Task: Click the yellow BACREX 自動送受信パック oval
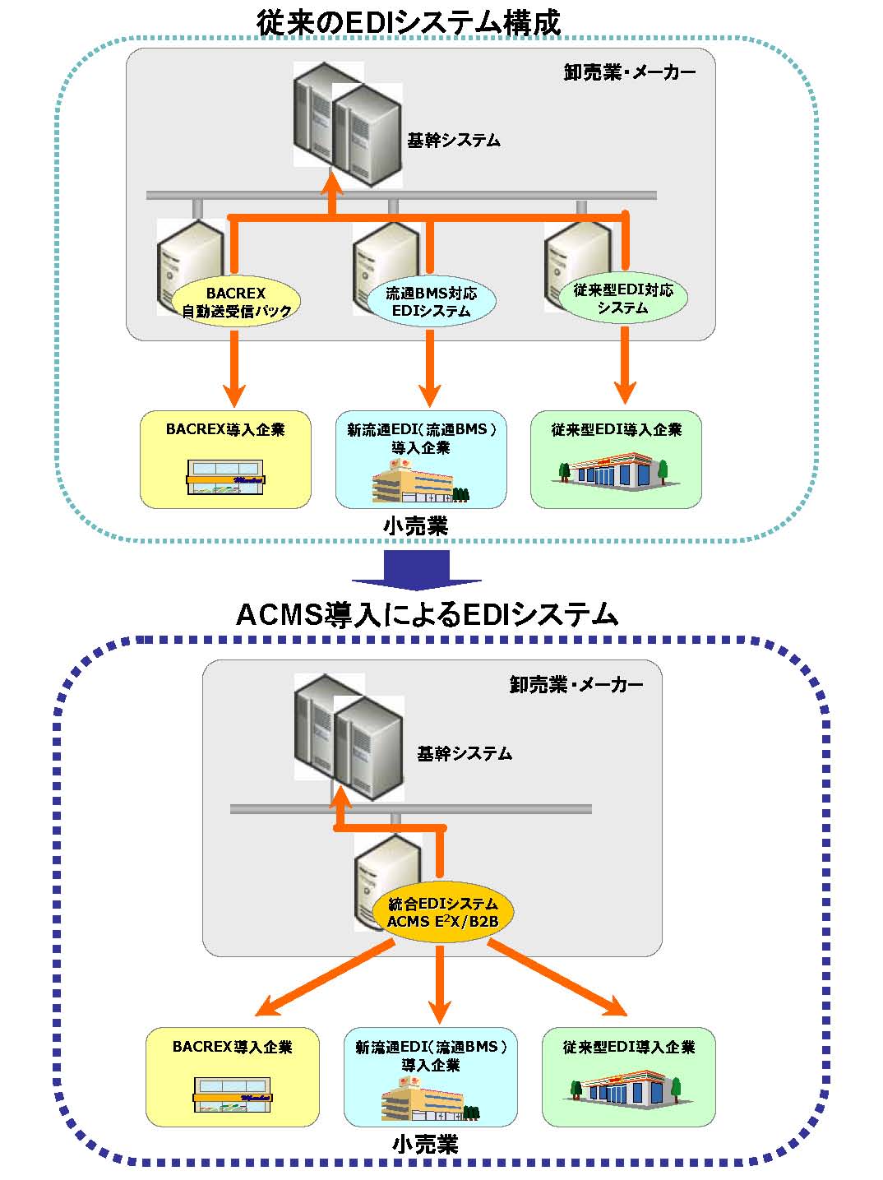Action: pyautogui.click(x=236, y=302)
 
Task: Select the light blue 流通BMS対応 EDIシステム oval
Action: pyautogui.click(x=430, y=302)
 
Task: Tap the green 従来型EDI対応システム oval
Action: pyautogui.click(x=623, y=298)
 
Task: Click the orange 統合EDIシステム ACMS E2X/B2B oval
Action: pyautogui.click(x=443, y=913)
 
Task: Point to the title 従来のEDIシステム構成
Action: pyautogui.click(x=408, y=22)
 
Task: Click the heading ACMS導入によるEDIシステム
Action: pyautogui.click(x=426, y=614)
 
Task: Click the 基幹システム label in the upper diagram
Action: pyautogui.click(x=453, y=141)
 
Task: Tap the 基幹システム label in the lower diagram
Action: pyautogui.click(x=464, y=753)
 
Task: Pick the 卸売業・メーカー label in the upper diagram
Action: pyautogui.click(x=630, y=72)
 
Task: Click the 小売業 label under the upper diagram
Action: pyautogui.click(x=415, y=526)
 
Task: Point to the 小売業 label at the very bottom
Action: pyautogui.click(x=425, y=1144)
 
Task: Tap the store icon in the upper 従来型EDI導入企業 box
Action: pyautogui.click(x=615, y=475)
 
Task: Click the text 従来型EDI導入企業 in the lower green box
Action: pyautogui.click(x=629, y=1047)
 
